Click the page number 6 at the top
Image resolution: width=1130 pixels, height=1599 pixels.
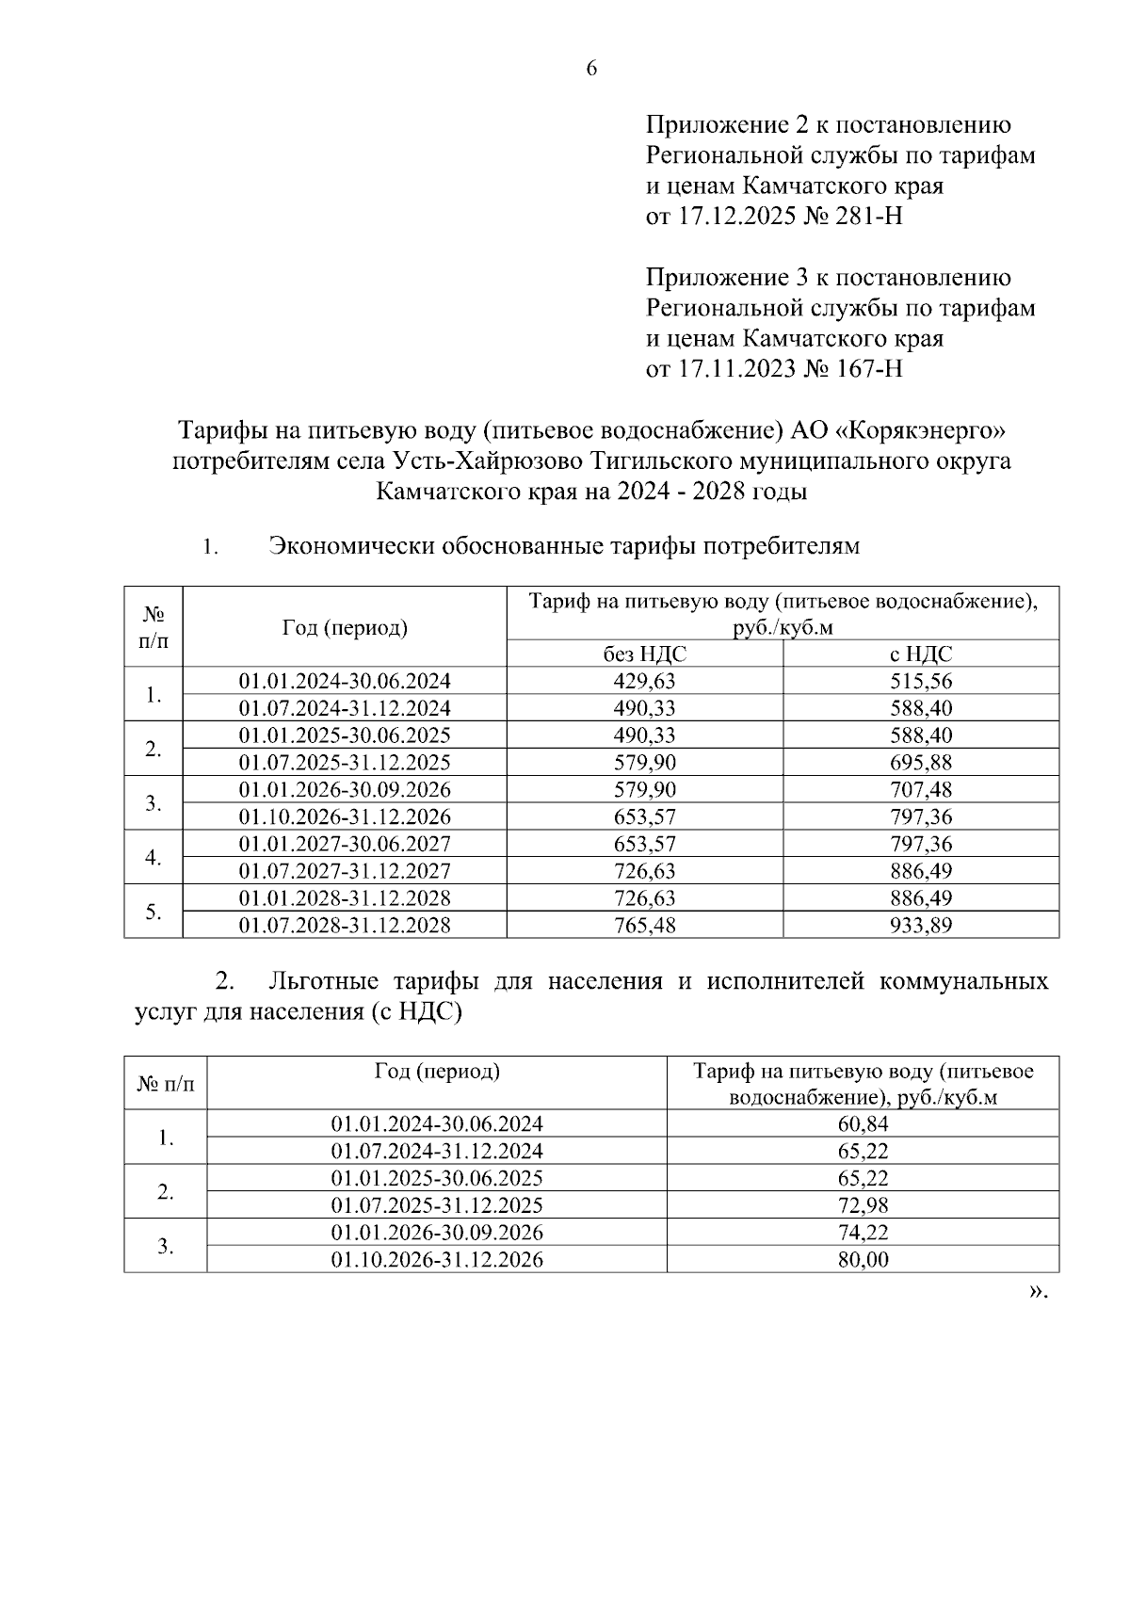point(591,69)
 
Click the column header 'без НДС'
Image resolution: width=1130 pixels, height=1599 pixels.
point(644,654)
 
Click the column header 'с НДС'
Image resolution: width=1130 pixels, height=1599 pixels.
point(920,654)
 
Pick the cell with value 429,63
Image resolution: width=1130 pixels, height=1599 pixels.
point(644,681)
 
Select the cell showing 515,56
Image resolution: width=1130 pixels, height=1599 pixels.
point(920,681)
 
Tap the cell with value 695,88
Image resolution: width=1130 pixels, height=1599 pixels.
point(920,763)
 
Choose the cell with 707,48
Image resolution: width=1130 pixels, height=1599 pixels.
point(920,789)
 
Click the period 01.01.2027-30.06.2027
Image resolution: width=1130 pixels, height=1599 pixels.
point(344,844)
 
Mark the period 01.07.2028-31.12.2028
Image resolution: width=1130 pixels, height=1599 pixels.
point(344,926)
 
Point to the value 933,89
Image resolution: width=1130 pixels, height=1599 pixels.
point(920,926)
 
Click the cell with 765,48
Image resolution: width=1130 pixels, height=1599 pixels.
point(644,926)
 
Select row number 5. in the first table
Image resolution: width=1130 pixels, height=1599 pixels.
point(153,912)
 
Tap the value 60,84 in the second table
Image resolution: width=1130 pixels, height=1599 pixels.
point(863,1123)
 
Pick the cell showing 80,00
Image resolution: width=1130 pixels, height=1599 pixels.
point(863,1260)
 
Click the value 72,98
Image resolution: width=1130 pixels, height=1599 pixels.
point(863,1205)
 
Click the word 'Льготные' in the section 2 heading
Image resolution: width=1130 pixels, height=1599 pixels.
point(317,982)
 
